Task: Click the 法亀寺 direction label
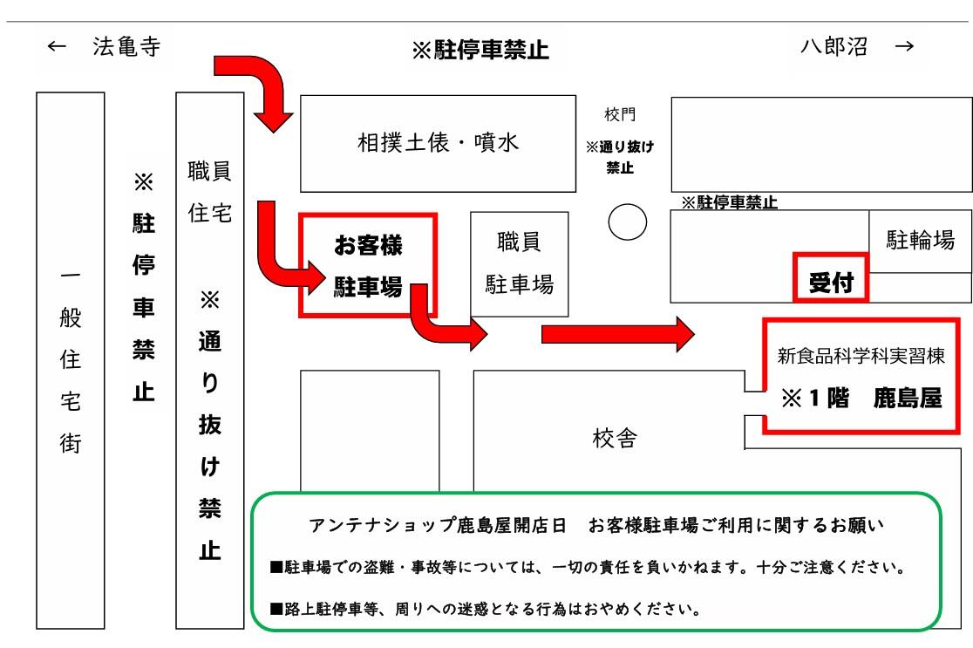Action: (126, 46)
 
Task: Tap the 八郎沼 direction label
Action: (834, 46)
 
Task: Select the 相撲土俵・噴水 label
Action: (438, 142)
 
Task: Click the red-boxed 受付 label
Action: (832, 283)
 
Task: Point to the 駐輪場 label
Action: (921, 240)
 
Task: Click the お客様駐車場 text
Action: (368, 266)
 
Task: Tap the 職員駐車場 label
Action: (520, 263)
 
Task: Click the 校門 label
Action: (620, 114)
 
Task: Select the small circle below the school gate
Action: (628, 222)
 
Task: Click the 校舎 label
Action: (615, 438)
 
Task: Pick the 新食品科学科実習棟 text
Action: (861, 356)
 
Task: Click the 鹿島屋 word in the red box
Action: (908, 398)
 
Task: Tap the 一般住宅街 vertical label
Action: (70, 360)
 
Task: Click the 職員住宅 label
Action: (210, 191)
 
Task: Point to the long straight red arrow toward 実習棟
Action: (618, 335)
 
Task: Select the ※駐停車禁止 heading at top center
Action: (480, 50)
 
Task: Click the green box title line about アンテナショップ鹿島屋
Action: (596, 525)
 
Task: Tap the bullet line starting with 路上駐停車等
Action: (486, 609)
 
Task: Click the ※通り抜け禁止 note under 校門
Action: (620, 157)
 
